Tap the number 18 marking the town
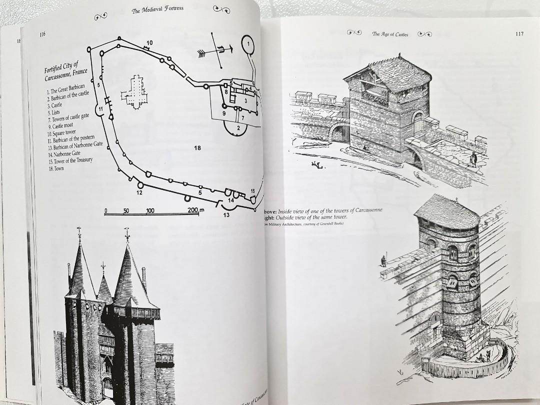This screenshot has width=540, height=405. pyautogui.click(x=197, y=148)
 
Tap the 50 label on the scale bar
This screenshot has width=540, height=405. pyautogui.click(x=126, y=211)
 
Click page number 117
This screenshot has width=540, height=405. pyautogui.click(x=518, y=34)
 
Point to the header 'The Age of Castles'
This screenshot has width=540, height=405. pyautogui.click(x=390, y=34)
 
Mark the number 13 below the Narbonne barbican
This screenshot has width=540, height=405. pyautogui.click(x=226, y=215)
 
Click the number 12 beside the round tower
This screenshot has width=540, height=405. pyautogui.click(x=139, y=192)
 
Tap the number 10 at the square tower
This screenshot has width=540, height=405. pyautogui.click(x=149, y=42)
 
